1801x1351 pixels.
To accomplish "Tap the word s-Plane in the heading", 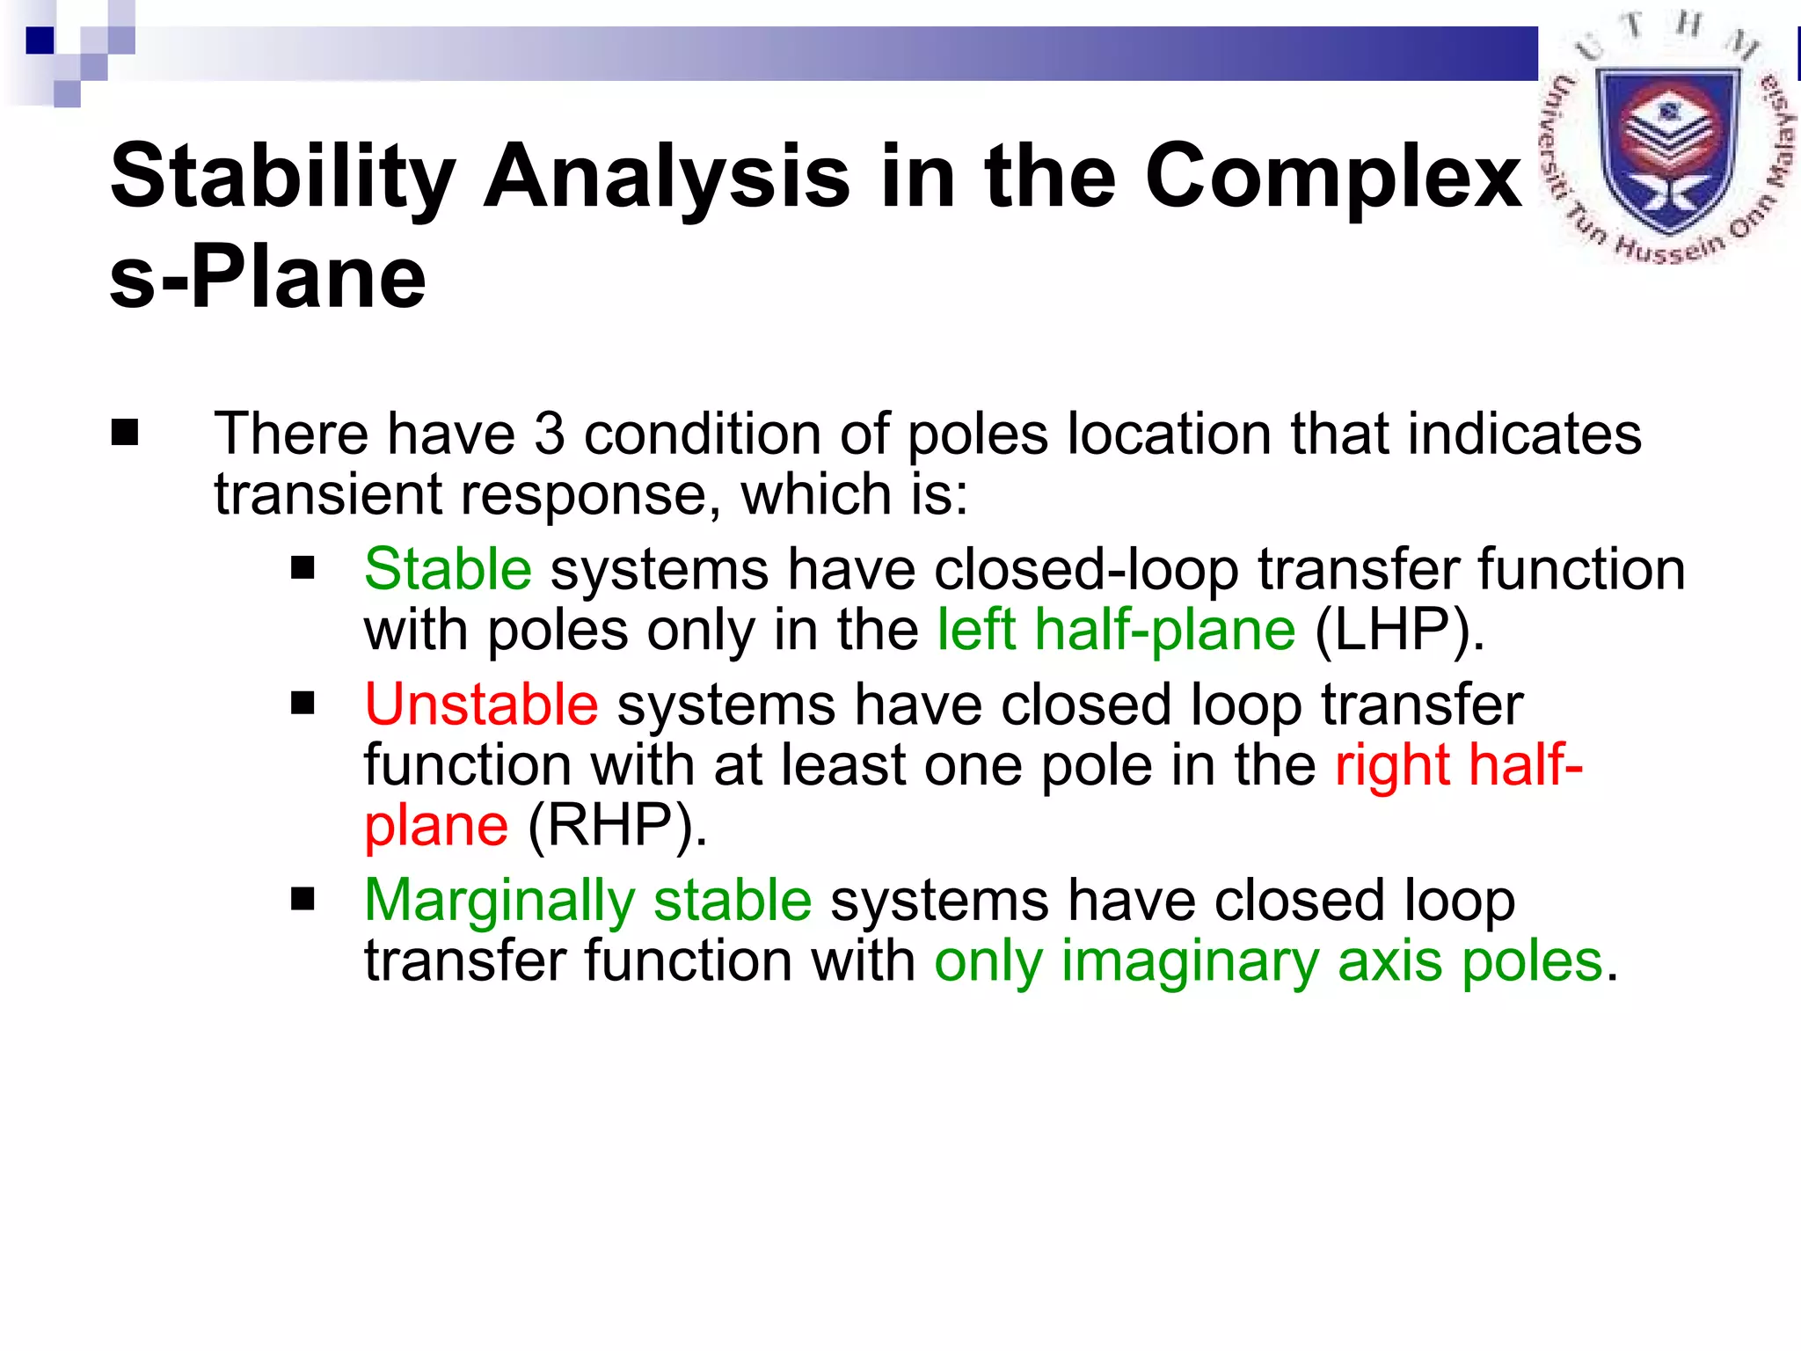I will [267, 278].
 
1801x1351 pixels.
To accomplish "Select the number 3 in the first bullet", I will [549, 434].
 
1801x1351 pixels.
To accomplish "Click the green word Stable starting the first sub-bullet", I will [448, 569].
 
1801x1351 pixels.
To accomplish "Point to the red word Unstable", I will [481, 705].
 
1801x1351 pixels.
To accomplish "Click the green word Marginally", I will [499, 901].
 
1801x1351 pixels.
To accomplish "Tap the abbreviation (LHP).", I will [1399, 631].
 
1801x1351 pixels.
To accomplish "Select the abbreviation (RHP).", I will [616, 826].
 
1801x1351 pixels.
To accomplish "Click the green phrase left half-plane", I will [1115, 631].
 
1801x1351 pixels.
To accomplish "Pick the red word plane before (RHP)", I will [436, 826].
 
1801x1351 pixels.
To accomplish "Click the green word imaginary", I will [1190, 960].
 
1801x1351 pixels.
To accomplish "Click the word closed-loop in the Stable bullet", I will [1086, 569].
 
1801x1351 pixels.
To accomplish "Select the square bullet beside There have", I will [125, 433].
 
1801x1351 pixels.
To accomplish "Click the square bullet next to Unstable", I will [303, 704].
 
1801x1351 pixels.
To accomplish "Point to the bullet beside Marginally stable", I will [303, 899].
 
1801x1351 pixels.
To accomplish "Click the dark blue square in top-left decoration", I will [40, 40].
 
